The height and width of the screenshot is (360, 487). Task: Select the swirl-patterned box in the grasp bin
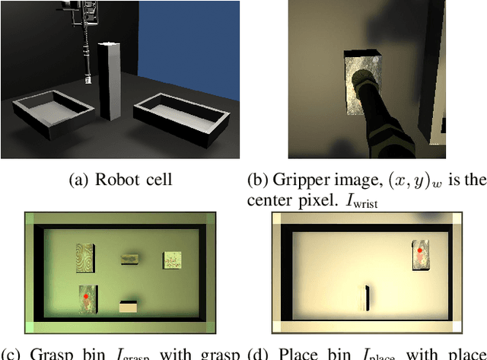click(85, 256)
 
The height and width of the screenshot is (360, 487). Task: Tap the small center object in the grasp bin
click(129, 260)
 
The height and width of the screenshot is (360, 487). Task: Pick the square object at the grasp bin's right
click(172, 260)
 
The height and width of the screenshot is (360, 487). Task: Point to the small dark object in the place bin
click(368, 298)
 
